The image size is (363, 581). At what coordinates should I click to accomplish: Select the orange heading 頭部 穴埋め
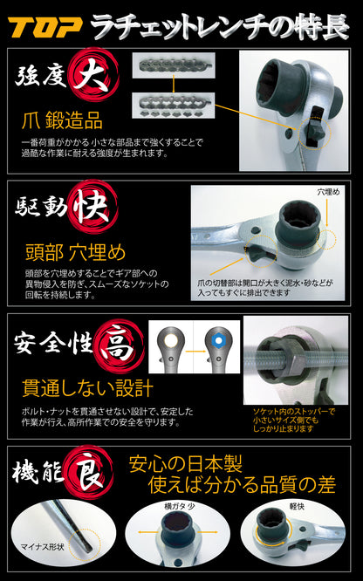[76, 252]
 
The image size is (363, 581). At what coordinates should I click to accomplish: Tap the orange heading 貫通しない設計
[87, 387]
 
